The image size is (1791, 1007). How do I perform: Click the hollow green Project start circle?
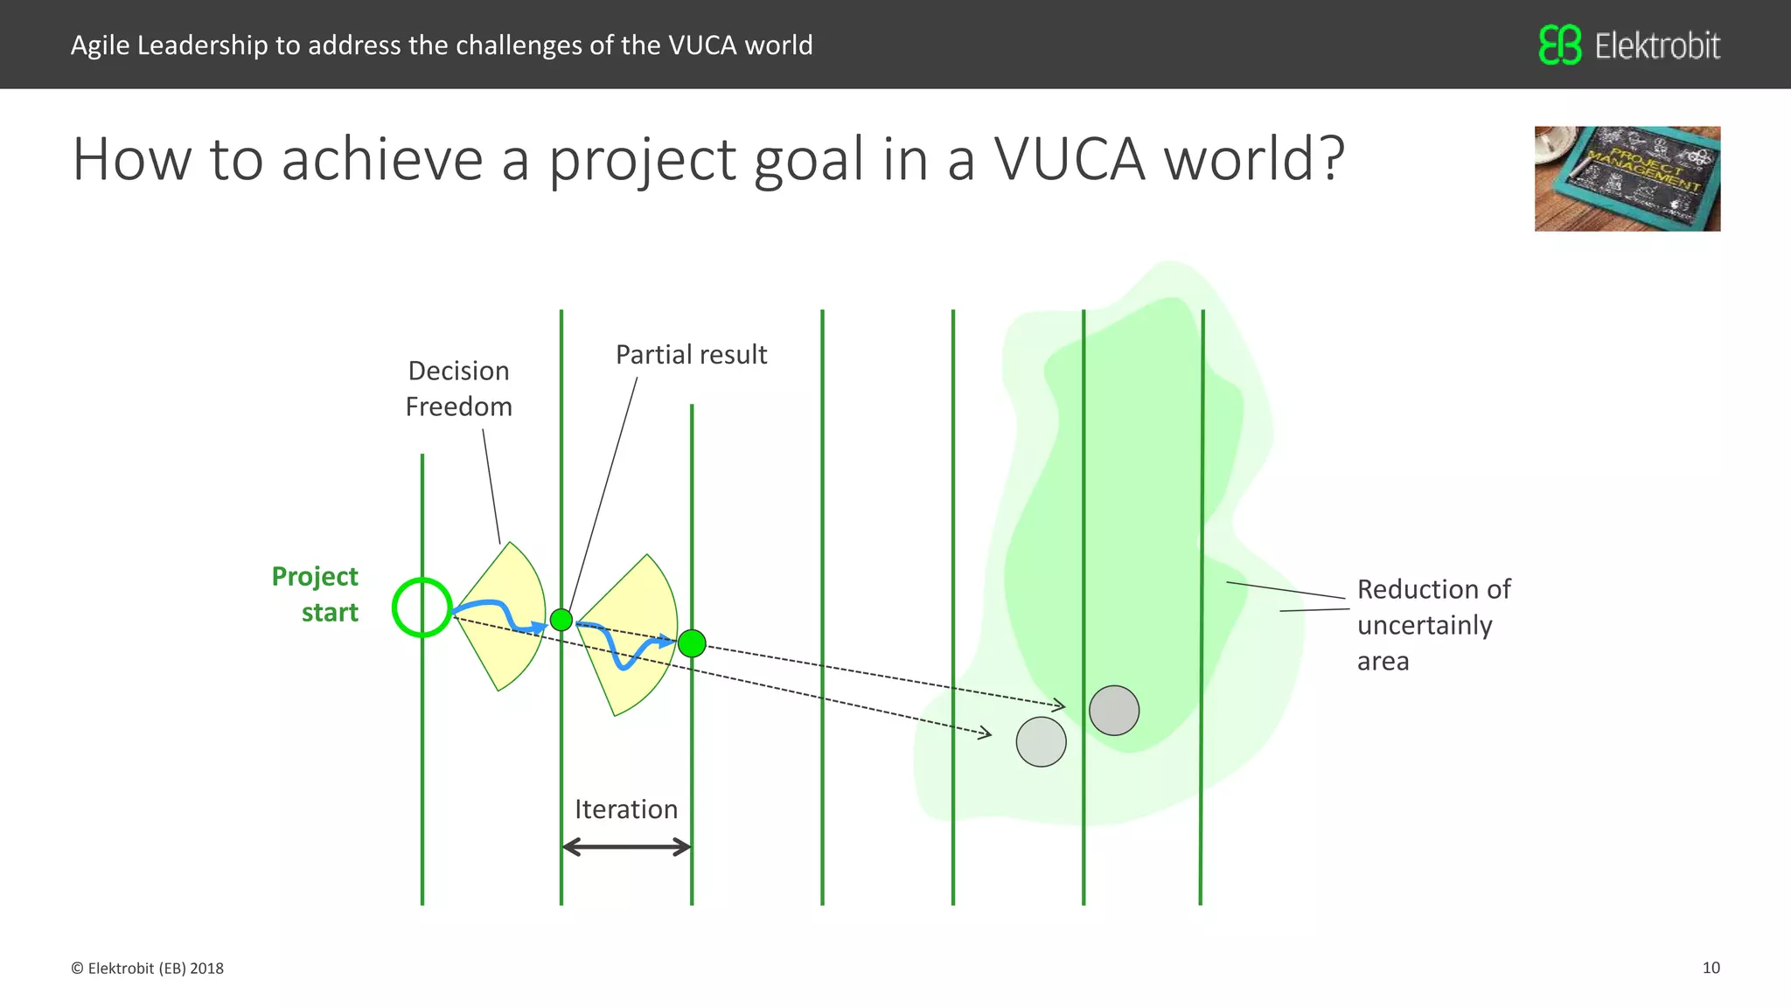(x=422, y=608)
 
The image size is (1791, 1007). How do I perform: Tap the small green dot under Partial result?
(x=561, y=620)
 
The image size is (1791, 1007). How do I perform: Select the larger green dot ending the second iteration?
(x=692, y=643)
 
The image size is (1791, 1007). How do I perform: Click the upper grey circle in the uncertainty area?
(x=1114, y=710)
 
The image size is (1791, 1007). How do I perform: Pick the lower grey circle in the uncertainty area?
(x=1041, y=742)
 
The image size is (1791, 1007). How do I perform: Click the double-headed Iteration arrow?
(x=626, y=846)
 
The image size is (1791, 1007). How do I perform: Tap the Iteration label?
(x=626, y=809)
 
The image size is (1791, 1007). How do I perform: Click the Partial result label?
(x=691, y=355)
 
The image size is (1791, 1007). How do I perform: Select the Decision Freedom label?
(x=458, y=389)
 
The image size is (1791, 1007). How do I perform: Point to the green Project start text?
(x=315, y=594)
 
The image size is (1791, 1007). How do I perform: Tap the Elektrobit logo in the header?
(x=1629, y=45)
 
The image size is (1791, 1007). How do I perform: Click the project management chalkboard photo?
(x=1627, y=178)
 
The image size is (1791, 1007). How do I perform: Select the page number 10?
(x=1711, y=968)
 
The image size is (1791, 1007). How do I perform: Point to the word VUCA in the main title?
(x=1069, y=160)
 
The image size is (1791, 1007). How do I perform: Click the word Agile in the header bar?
(x=100, y=45)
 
